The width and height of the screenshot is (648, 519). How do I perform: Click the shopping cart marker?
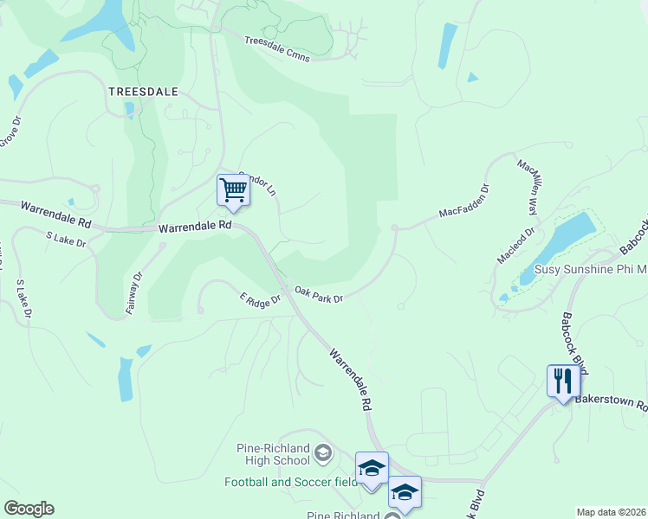point(233,189)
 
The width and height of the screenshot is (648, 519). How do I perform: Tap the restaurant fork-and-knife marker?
point(563,381)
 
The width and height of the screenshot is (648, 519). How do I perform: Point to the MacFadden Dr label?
point(464,200)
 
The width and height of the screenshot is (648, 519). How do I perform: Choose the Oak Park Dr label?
point(320,295)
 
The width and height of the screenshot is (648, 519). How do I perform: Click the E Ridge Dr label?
point(261,298)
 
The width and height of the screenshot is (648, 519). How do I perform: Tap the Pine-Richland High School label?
point(273,454)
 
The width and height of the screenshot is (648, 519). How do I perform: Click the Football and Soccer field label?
point(290,482)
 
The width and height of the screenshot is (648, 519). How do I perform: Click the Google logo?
point(29,509)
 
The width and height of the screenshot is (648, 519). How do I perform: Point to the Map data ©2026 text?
point(611,512)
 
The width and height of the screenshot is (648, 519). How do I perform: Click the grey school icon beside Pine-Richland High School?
point(322,452)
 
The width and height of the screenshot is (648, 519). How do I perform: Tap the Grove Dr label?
point(10,130)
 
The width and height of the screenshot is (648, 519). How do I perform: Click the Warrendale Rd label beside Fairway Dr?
point(196,226)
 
